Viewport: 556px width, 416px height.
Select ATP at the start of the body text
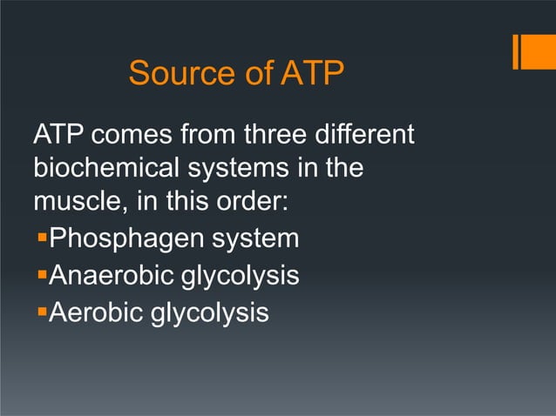[x=58, y=137]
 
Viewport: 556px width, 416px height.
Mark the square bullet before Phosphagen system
[x=39, y=237]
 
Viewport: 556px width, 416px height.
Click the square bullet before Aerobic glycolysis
[x=39, y=310]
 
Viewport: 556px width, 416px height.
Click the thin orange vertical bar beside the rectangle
[x=516, y=50]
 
